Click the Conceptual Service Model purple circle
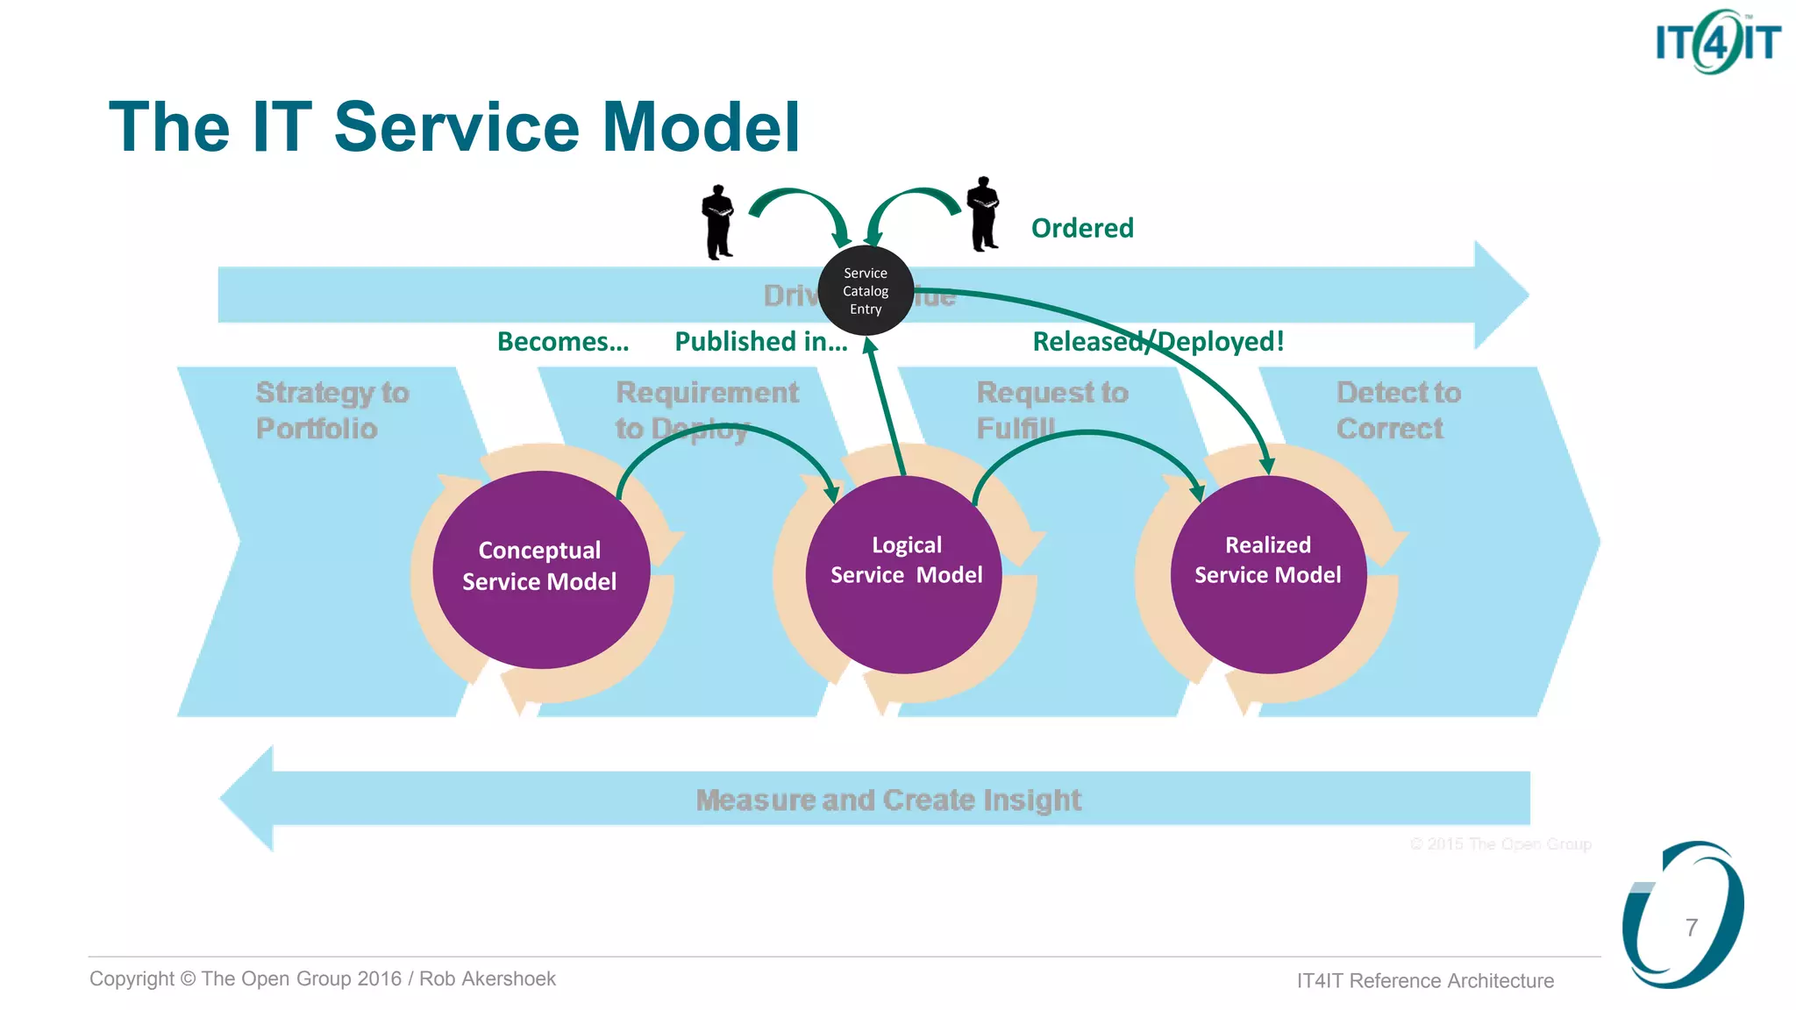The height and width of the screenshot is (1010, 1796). coord(540,570)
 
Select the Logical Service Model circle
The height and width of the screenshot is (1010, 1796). coord(904,574)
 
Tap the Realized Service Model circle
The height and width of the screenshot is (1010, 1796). coord(1268,574)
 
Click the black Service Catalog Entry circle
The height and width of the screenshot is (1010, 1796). coord(866,291)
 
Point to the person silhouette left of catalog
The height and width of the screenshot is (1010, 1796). coord(718,223)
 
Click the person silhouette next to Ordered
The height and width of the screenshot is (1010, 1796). coord(983,215)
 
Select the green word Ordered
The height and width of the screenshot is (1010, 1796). coord(1082,228)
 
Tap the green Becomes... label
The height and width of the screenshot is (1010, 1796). coord(563,341)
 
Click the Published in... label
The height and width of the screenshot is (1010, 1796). coord(760,341)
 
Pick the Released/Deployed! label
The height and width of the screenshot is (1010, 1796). coord(1158,341)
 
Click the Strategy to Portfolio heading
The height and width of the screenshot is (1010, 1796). coord(331,410)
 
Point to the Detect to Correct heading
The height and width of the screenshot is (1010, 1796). coord(1398,410)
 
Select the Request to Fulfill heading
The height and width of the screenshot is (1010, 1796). coord(1051,410)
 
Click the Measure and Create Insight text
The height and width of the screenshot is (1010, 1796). coord(887,800)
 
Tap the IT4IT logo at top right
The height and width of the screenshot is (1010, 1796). coord(1717,41)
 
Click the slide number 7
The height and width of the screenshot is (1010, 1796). coord(1692,928)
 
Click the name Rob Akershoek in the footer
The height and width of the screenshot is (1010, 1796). coord(488,978)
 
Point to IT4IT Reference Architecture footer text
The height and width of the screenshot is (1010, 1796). coord(1425,980)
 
